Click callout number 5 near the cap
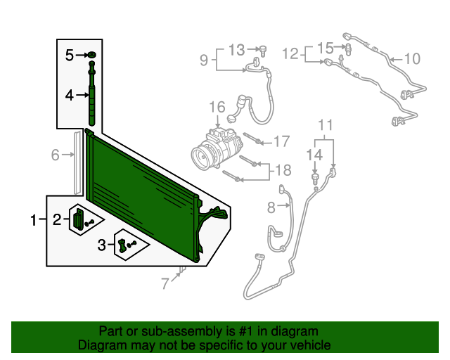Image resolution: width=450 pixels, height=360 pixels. (70, 55)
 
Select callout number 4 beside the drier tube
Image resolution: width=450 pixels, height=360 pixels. (70, 94)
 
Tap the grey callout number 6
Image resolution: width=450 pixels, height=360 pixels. (55, 155)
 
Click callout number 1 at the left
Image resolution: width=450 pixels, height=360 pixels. (33, 221)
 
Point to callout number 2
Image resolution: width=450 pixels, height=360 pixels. (56, 220)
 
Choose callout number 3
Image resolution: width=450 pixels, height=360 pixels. (102, 245)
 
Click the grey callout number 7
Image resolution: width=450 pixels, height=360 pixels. (165, 284)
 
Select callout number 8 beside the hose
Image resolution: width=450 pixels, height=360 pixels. (271, 207)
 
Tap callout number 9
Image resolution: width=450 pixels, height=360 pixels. (204, 60)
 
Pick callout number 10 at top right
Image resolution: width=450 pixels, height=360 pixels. (411, 58)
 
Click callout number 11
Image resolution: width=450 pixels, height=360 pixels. (324, 126)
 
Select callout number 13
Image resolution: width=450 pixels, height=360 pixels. (237, 49)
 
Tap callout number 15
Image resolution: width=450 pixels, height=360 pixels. (324, 48)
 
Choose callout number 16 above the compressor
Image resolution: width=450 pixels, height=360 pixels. (217, 108)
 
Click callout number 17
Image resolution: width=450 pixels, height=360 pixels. (281, 142)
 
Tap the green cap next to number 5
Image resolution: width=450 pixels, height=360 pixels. (92, 55)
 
